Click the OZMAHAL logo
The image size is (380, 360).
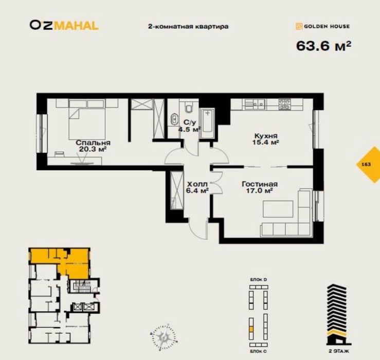64,25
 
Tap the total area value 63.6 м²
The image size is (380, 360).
323,45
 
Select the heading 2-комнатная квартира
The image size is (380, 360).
188,26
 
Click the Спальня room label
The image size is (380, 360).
93,142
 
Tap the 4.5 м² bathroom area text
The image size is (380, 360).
189,130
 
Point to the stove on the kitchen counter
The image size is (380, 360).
285,104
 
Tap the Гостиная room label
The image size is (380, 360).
259,184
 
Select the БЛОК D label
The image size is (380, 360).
259,279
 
